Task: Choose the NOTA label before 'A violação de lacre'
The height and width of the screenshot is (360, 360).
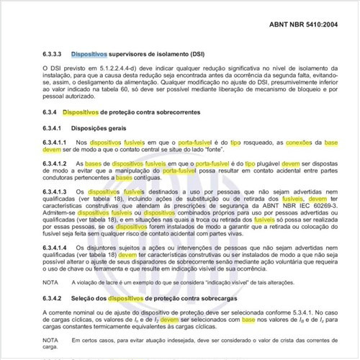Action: [x=50, y=284]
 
